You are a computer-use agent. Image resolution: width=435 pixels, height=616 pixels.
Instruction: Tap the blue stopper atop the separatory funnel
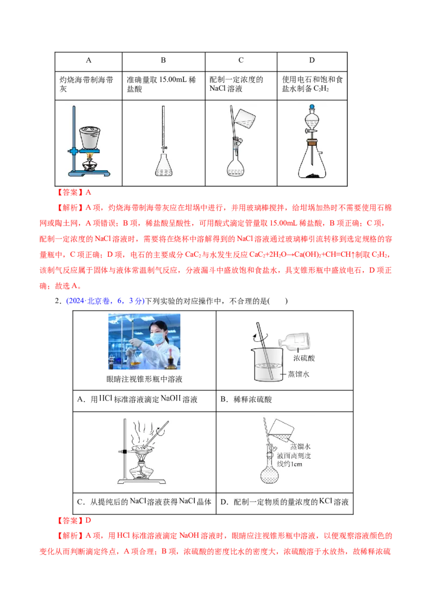(313, 106)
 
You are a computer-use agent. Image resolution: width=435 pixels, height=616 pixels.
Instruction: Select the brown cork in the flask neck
(313, 144)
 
